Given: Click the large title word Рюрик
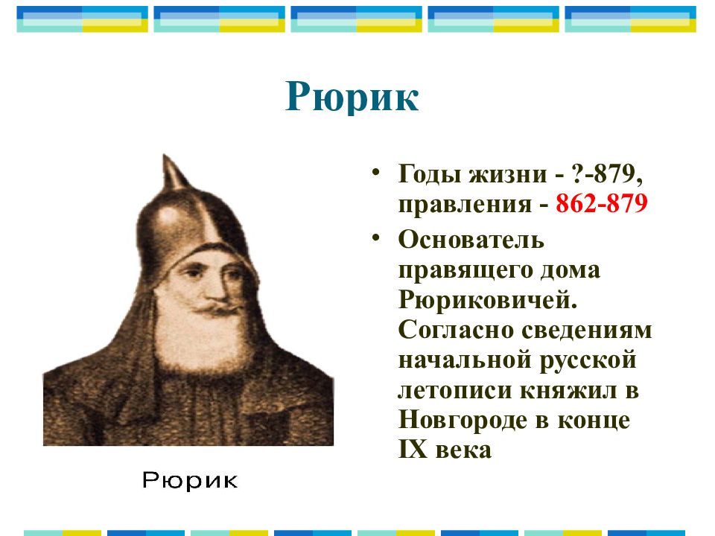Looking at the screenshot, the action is pos(352,98).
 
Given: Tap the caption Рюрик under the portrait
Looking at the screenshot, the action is pos(190,480).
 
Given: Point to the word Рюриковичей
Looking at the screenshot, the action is pos(488,300).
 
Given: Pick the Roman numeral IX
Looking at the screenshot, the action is pos(413,450).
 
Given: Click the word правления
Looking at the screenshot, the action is pos(465,205).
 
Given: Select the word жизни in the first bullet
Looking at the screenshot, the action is pos(508,174).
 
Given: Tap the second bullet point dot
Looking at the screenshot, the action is pos(375,237).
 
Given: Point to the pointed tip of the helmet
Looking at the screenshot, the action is pos(165,156).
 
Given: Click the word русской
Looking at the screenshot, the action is pos(588,360).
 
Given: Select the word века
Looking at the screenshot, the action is pos(463,451).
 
